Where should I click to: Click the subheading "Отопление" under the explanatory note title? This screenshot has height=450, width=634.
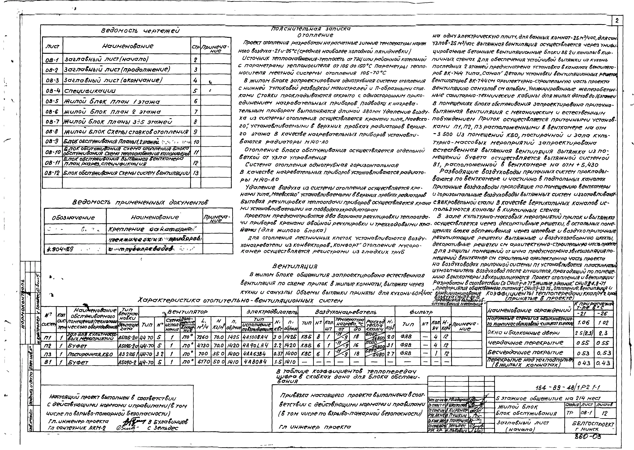315,35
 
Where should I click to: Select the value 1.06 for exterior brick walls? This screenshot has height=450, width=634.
583,323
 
